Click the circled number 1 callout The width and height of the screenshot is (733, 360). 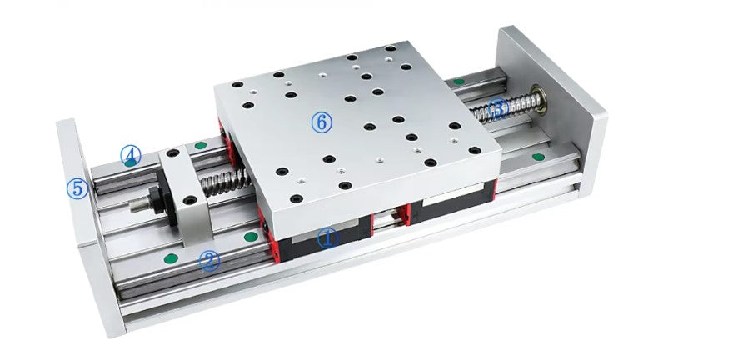[x=328, y=237]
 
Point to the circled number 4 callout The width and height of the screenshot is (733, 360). [x=130, y=153]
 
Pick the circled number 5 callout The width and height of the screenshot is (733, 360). [x=77, y=187]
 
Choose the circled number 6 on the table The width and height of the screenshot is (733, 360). [x=322, y=122]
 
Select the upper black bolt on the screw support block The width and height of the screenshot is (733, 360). [x=173, y=155]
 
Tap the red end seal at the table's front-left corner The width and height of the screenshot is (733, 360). [x=265, y=227]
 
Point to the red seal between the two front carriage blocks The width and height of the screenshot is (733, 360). [x=399, y=214]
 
